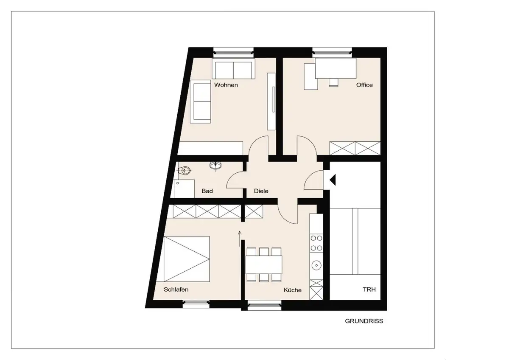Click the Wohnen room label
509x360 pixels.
click(226, 85)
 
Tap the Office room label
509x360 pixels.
click(364, 85)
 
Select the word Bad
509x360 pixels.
click(207, 191)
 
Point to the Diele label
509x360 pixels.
click(261, 191)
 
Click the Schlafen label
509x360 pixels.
click(176, 290)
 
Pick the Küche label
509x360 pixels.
click(292, 290)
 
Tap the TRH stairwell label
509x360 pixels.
click(369, 290)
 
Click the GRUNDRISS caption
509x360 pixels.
click(364, 321)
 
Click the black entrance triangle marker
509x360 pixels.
click(333, 180)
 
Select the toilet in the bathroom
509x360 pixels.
click(185, 170)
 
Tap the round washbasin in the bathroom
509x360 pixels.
click(215, 165)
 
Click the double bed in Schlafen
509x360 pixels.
click(186, 259)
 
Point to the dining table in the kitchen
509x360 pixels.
click(264, 265)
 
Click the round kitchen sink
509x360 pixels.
click(316, 265)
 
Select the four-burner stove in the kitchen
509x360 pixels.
click(316, 243)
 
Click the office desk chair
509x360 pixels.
click(333, 82)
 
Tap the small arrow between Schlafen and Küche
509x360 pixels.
click(240, 239)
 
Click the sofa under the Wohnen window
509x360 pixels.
click(234, 69)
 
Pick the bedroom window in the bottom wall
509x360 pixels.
click(196, 304)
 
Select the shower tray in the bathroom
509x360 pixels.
click(184, 189)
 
